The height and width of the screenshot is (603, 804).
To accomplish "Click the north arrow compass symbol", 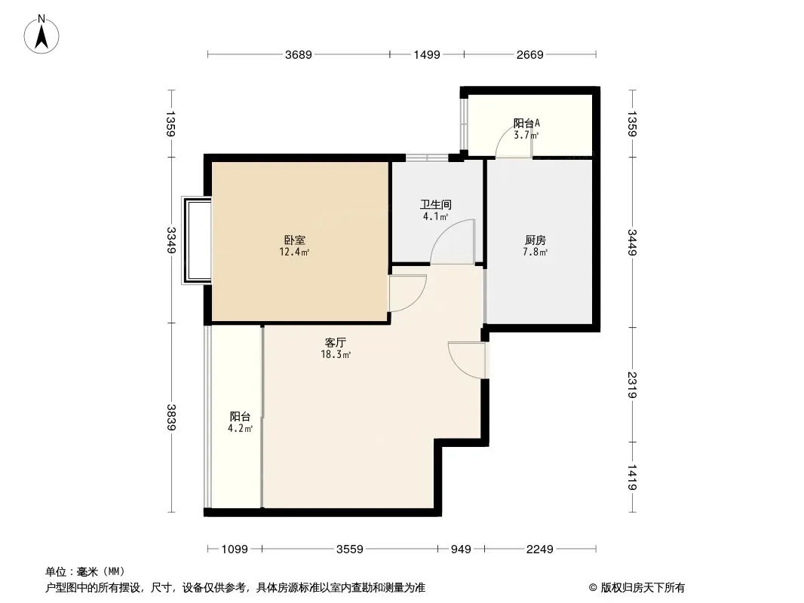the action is [x=41, y=35].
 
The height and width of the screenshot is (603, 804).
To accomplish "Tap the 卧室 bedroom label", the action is [x=295, y=240].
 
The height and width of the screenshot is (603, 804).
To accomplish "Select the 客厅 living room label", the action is [x=336, y=342].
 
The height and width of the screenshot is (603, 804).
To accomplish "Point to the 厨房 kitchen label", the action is [x=535, y=240].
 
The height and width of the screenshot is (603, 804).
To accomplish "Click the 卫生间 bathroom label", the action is [x=436, y=204].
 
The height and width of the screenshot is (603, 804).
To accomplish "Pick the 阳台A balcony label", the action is [x=526, y=123].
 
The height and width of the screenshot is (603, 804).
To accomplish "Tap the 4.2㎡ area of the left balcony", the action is [x=240, y=428].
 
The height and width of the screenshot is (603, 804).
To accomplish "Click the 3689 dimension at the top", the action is [x=299, y=54].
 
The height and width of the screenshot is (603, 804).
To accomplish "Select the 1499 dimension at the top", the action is [x=427, y=54].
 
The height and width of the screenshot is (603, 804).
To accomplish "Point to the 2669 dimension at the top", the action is [x=529, y=54].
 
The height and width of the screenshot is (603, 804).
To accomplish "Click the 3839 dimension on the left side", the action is [x=171, y=417].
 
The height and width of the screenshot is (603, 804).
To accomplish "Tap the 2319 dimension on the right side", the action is [x=632, y=384].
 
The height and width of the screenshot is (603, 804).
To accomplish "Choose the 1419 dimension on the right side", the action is [x=632, y=477].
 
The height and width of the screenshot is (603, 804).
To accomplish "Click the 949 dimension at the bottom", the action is [x=461, y=549].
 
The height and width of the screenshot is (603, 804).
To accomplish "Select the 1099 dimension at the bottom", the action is [x=235, y=549].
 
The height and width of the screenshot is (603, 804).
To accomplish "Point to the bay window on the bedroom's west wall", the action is [x=196, y=240].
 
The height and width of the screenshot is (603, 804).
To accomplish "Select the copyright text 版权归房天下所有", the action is [x=642, y=588].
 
